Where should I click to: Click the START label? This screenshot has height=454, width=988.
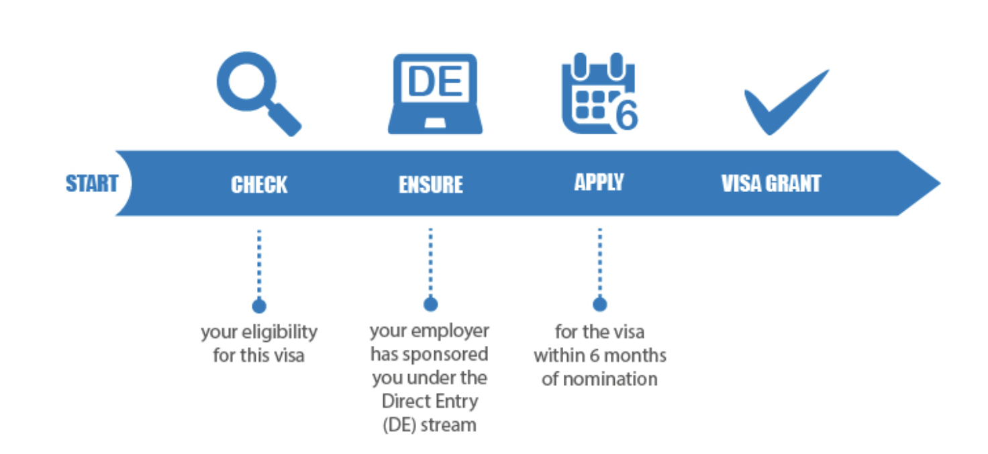(x=92, y=183)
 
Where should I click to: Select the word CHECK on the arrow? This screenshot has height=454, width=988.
(x=259, y=185)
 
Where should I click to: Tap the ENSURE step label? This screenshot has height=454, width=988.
(x=431, y=185)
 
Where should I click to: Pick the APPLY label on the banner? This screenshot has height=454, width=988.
(x=599, y=182)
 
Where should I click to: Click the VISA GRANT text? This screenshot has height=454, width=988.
(x=771, y=184)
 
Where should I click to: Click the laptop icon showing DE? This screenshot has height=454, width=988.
(x=435, y=93)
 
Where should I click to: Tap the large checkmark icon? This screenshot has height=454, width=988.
(x=785, y=101)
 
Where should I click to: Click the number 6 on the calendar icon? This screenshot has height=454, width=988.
(x=625, y=116)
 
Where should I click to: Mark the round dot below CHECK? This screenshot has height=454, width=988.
(x=259, y=306)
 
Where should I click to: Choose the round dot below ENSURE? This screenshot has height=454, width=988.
(x=431, y=304)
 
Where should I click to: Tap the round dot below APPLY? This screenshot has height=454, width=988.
(x=600, y=304)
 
